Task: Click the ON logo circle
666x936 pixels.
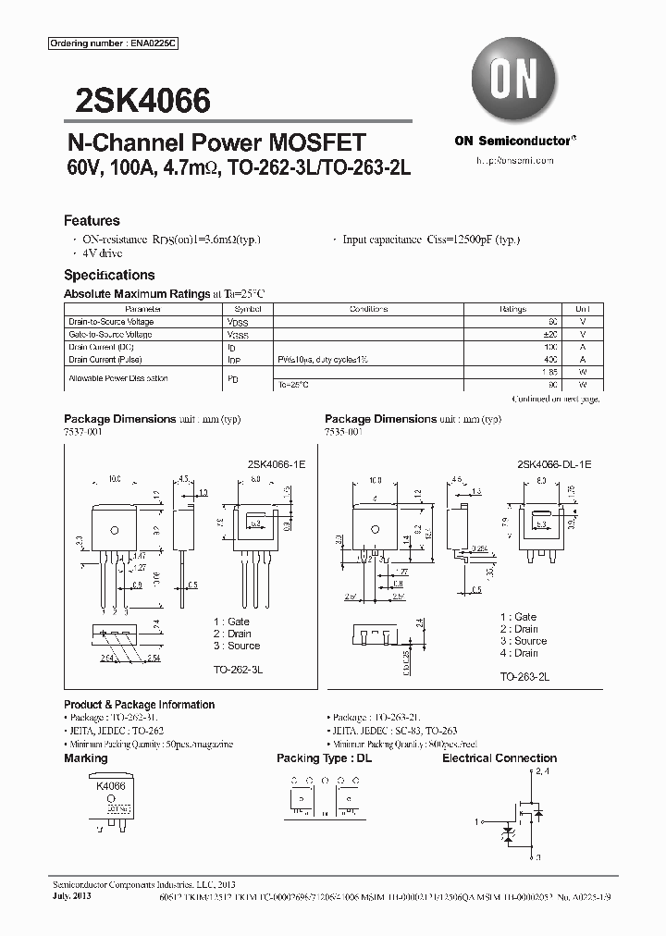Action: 514,80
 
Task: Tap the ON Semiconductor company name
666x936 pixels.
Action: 514,141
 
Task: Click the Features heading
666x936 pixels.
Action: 92,221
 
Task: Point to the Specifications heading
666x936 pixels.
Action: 109,275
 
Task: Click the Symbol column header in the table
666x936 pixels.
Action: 248,309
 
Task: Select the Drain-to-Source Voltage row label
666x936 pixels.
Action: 111,322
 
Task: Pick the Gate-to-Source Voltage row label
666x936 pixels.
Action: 110,334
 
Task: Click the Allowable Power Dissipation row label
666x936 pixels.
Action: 118,378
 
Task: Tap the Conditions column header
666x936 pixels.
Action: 368,309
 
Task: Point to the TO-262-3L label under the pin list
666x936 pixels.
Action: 237,665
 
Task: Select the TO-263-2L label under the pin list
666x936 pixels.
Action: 524,677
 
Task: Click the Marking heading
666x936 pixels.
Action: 85,758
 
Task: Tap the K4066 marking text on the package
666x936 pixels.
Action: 111,784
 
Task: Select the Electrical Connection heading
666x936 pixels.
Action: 499,758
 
